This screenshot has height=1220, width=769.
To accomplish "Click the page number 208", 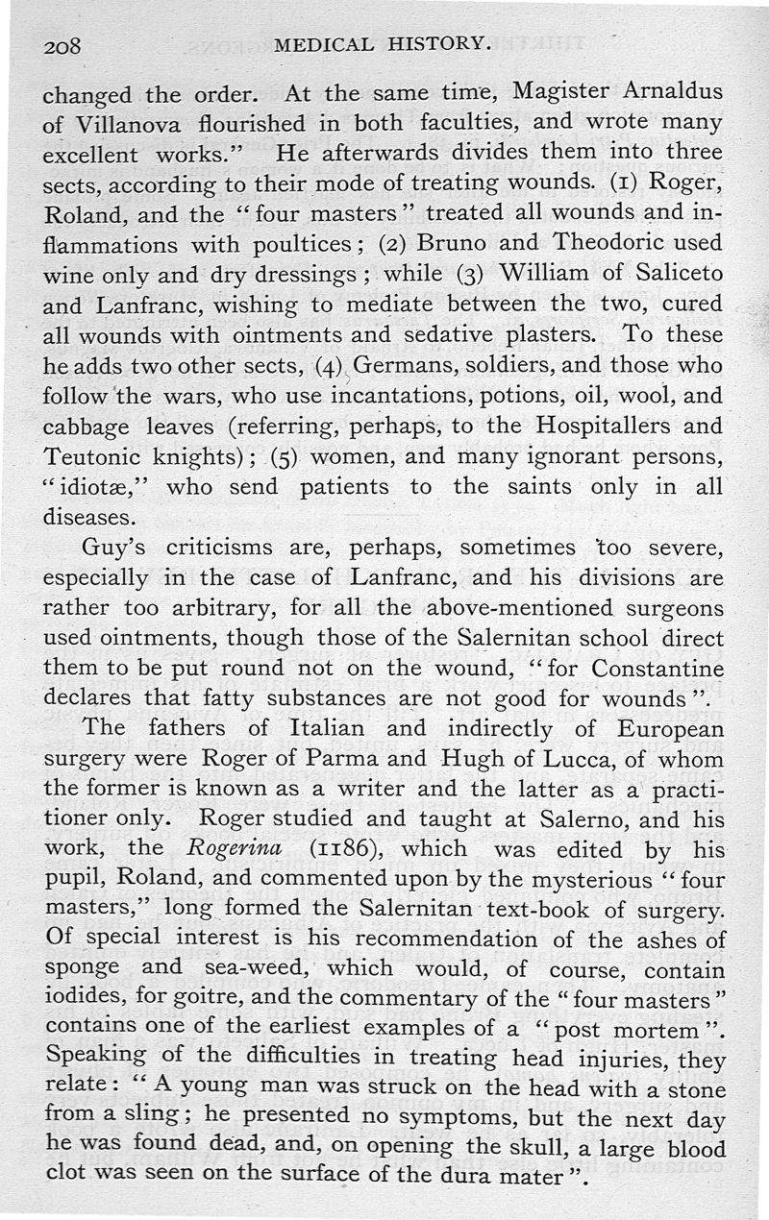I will (x=64, y=47).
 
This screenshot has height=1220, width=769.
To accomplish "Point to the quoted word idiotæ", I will (x=101, y=486).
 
